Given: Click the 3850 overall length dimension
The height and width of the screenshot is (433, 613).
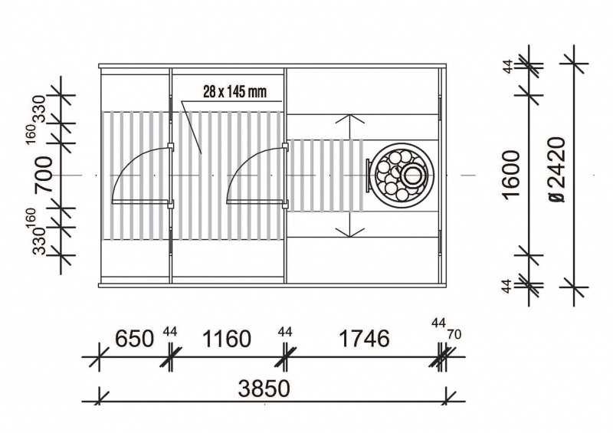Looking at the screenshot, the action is coord(264,389).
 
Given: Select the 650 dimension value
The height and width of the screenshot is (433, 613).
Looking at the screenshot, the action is coord(135,339).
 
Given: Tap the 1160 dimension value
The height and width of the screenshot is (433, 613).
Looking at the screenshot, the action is coord(226,339).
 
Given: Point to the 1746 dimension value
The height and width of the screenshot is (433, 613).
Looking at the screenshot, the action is coord(365,338).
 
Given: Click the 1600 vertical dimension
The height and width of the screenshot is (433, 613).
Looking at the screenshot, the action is coord(512,175).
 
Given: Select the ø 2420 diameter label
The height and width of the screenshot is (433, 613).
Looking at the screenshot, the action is coord(557,169).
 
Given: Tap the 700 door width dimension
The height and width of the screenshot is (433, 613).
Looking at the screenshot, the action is coord(44,175).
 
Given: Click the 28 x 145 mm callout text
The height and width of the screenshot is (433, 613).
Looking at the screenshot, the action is coord(234,92).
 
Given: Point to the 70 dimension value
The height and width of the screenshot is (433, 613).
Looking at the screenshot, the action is coord(454,334).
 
